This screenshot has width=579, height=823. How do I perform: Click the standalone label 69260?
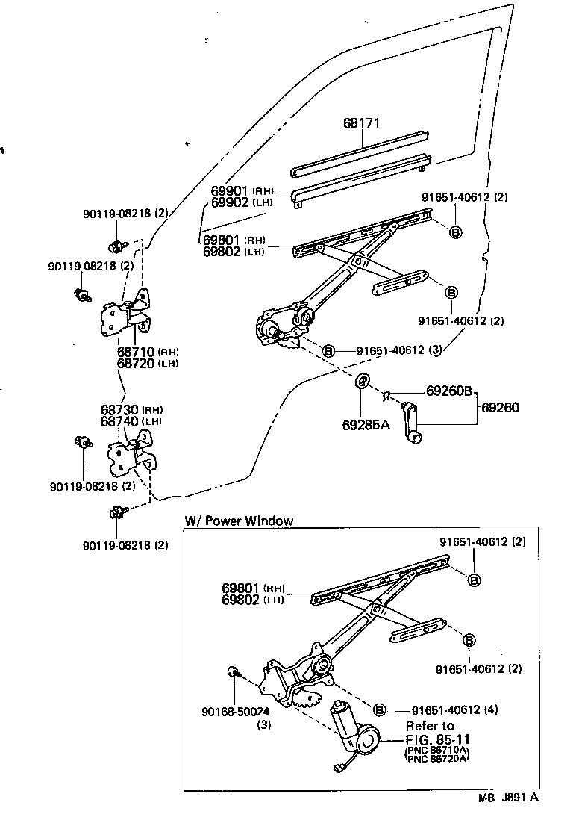coord(500,408)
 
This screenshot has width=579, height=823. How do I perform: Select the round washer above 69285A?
coord(361,381)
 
